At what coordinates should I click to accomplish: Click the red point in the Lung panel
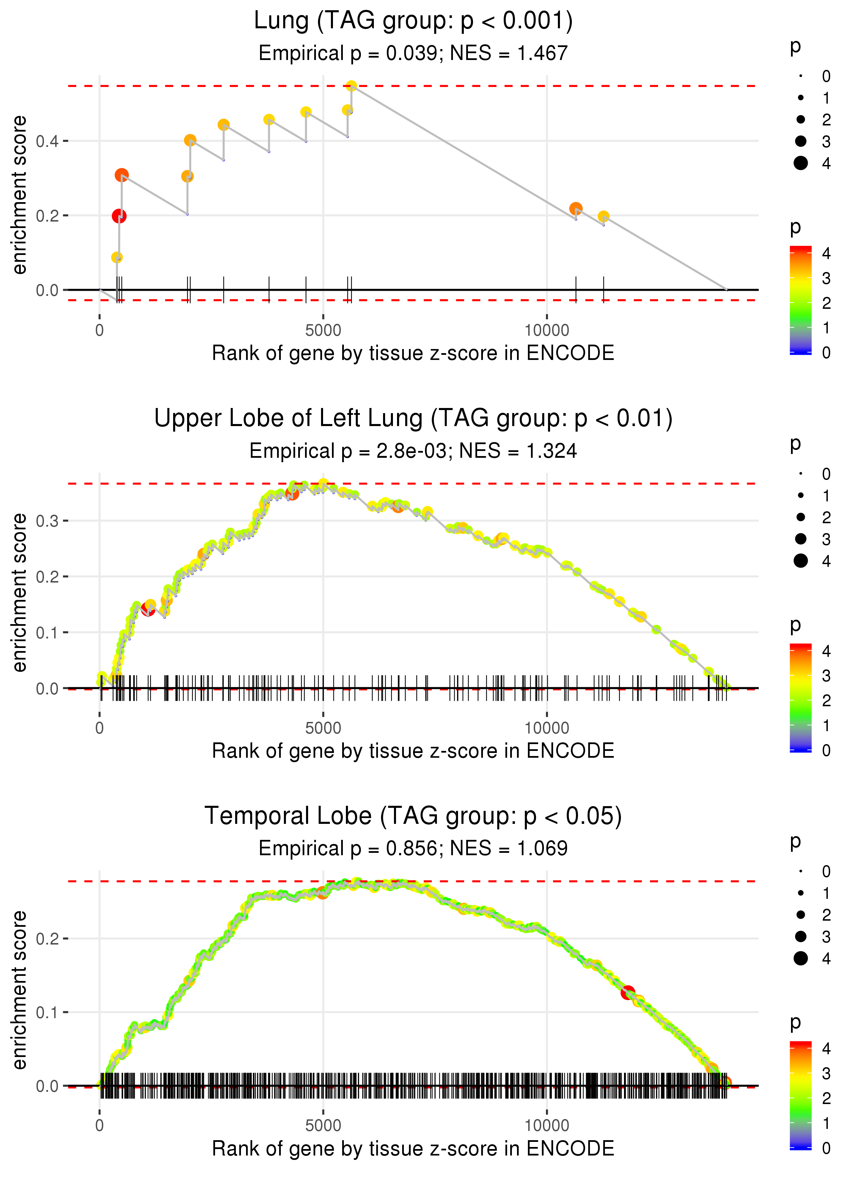119,216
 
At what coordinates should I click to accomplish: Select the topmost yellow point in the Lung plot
351,86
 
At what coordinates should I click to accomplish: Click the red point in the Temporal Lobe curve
627,992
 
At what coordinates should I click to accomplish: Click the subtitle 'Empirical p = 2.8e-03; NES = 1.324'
413,451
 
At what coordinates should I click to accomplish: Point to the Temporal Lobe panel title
413,816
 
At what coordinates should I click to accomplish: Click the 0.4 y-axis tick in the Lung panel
47,141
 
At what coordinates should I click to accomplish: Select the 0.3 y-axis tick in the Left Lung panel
47,521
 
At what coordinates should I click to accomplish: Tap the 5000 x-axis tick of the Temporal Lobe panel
323,1125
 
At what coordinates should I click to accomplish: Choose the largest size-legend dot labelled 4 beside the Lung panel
801,163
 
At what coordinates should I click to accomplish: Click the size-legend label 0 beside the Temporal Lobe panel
826,872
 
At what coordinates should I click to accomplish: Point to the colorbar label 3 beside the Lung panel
826,278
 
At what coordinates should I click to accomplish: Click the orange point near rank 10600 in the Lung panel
576,208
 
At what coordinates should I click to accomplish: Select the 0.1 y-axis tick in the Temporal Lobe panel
47,1012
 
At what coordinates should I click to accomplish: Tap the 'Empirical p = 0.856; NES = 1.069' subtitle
413,848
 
